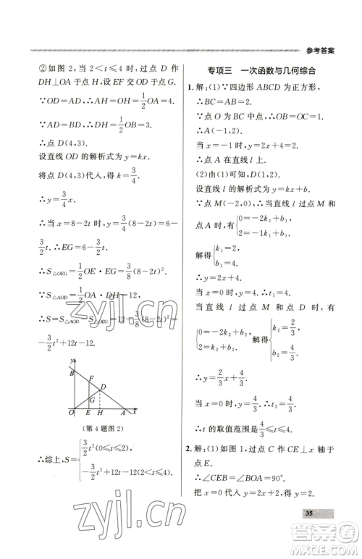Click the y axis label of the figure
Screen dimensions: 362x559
click(x=73, y=360)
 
